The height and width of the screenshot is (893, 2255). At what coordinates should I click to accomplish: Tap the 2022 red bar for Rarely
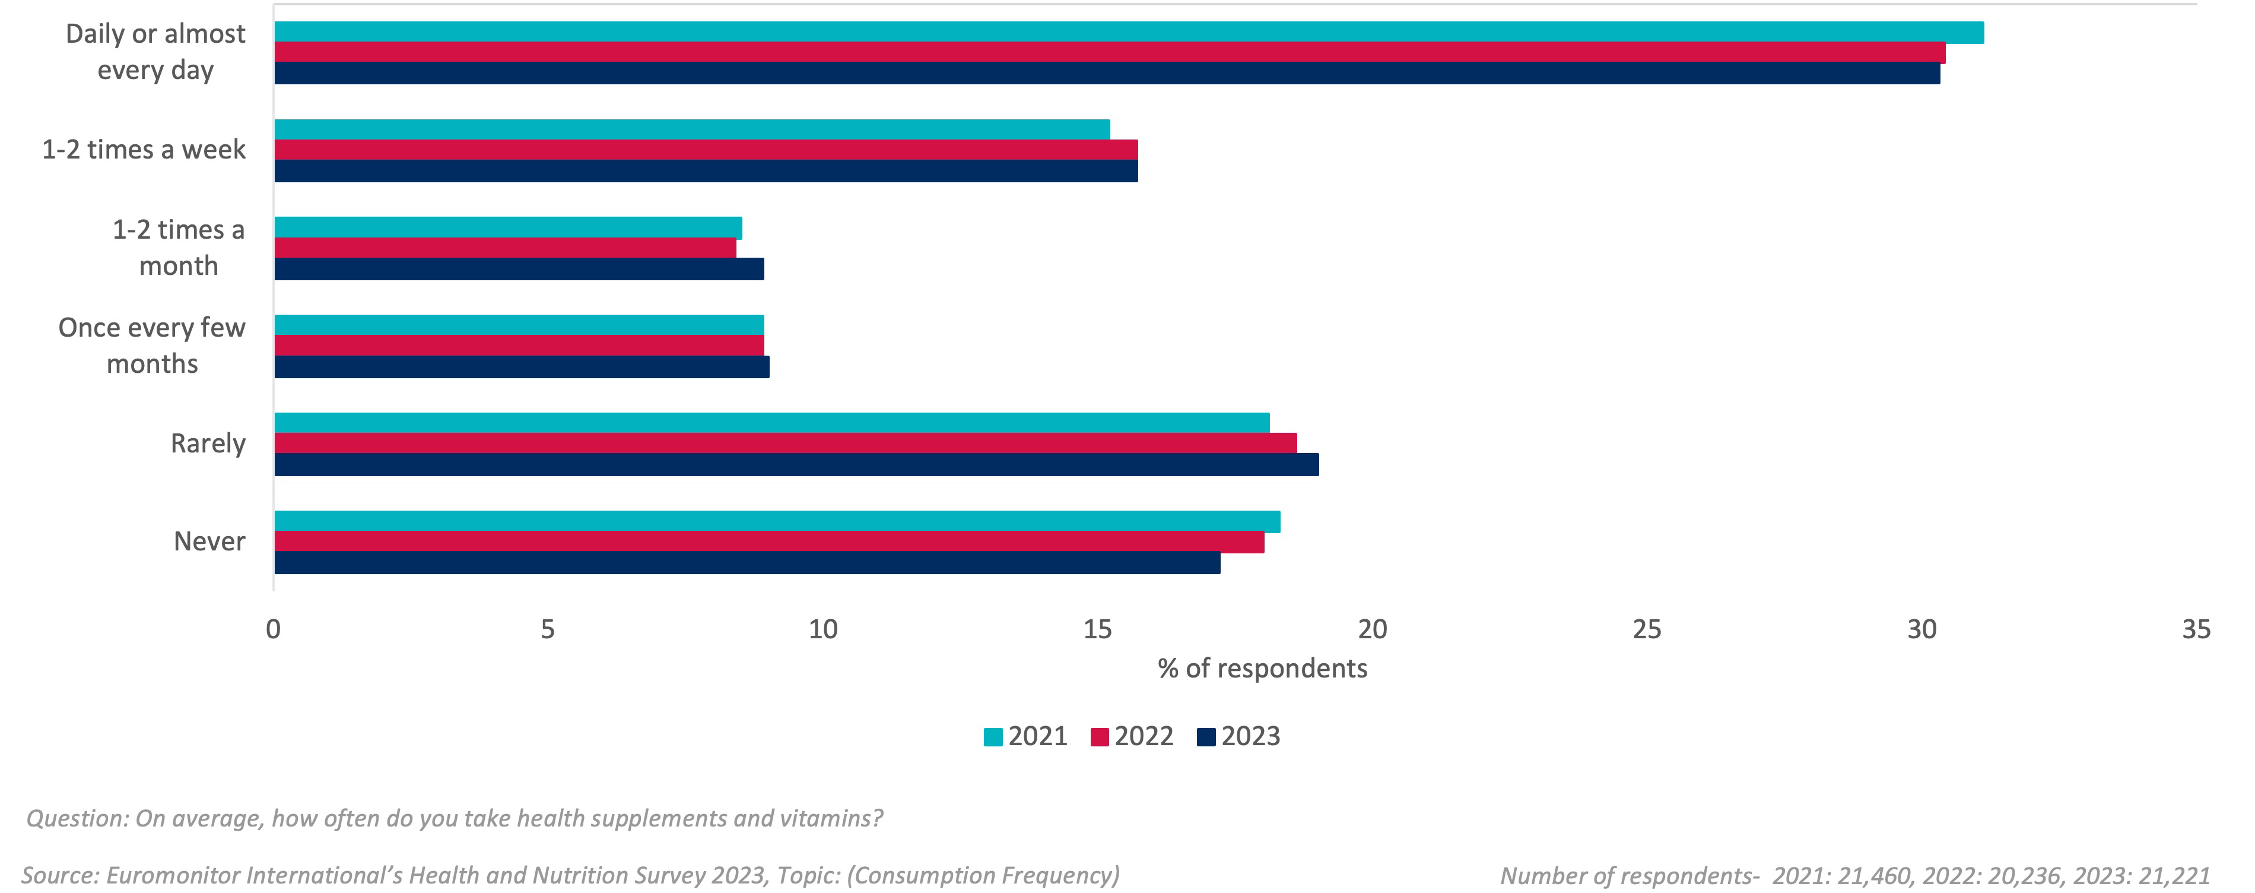click(785, 443)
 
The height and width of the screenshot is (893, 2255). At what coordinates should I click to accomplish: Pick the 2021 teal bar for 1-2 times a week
click(691, 129)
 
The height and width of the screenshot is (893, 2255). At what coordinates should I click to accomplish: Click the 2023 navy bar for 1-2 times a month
click(519, 269)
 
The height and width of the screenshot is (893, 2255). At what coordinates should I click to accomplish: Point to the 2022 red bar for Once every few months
click(519, 345)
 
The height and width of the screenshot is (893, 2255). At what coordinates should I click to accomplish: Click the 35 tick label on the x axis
click(2196, 629)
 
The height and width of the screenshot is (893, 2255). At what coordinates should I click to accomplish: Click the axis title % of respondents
click(1262, 669)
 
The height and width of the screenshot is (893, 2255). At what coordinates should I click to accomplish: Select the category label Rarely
click(208, 444)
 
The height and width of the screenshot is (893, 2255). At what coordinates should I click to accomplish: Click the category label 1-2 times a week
click(144, 150)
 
